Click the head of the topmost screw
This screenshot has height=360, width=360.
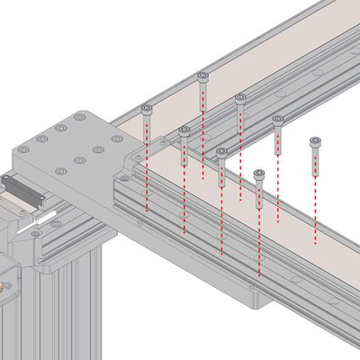(x=202, y=76)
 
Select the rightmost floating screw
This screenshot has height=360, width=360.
(x=315, y=141)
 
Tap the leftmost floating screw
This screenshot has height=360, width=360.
(x=147, y=109)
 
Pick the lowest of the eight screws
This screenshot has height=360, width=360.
(x=259, y=174)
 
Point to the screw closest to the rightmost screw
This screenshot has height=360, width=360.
(x=278, y=120)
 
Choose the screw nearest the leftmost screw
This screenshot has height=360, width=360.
(x=184, y=131)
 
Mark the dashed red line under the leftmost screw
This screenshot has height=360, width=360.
(x=147, y=171)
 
